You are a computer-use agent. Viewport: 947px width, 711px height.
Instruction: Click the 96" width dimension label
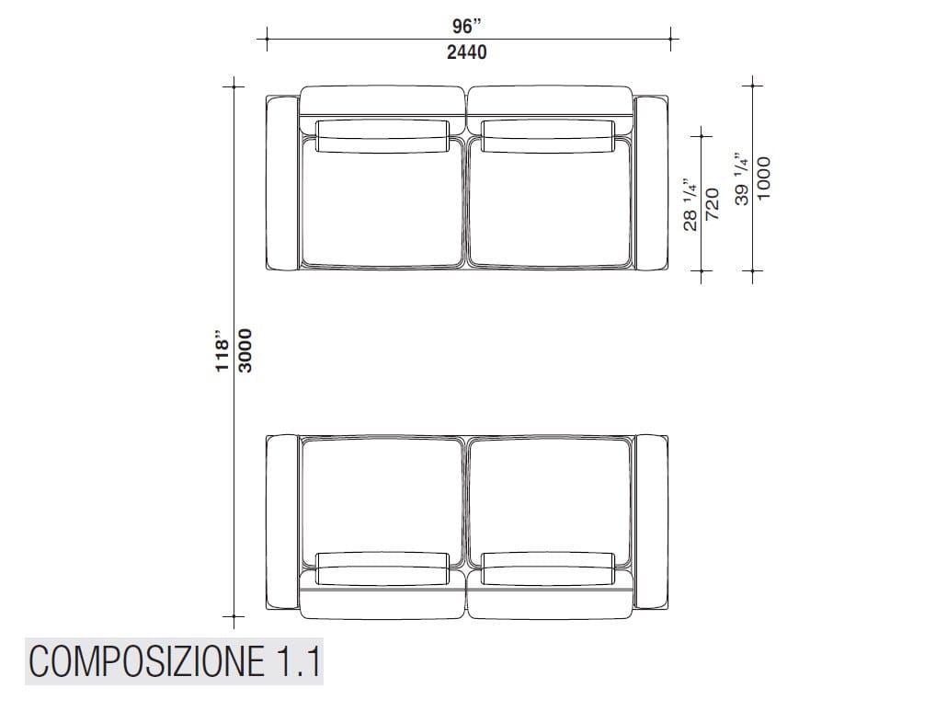pos(467,26)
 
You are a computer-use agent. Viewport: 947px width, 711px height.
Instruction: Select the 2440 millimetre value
pos(467,52)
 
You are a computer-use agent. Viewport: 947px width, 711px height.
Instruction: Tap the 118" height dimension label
pos(222,351)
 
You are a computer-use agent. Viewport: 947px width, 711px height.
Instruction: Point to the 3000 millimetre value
pos(245,350)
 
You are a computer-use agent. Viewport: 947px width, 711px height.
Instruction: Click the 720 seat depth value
pos(713,204)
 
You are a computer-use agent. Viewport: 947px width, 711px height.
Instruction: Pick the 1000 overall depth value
pos(763,178)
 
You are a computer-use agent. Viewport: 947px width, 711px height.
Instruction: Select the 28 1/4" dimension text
pos(690,205)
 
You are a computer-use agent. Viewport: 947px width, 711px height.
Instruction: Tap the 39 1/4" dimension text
pos(742,178)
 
